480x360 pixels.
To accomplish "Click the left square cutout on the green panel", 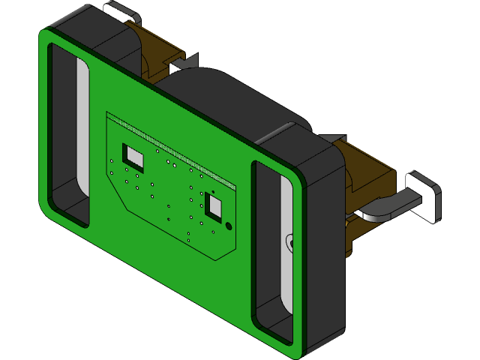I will click(134, 157).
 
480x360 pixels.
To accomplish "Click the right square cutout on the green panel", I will click(215, 207).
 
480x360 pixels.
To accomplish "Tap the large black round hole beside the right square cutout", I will click(229, 224).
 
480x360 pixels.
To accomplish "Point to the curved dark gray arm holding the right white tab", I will click(386, 206).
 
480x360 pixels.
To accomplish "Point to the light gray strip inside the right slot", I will click(286, 247).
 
